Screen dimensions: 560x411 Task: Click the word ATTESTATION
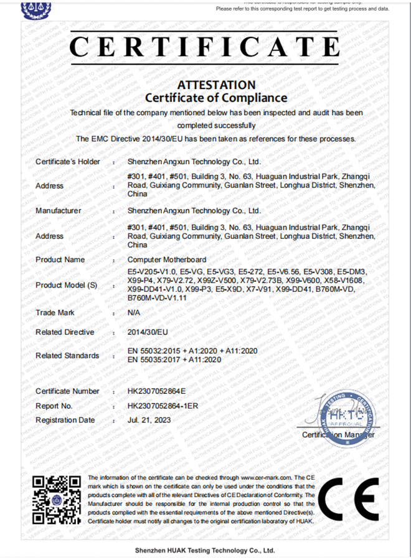point(216,85)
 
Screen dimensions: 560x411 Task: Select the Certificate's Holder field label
point(67,162)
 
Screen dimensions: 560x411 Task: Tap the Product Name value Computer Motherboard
point(166,259)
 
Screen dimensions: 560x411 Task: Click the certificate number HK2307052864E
point(156,391)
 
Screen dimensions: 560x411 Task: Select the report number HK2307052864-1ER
point(163,406)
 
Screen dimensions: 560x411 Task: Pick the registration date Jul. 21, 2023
point(149,420)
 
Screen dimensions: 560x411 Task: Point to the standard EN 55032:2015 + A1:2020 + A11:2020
point(183,351)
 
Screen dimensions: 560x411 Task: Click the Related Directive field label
point(65,332)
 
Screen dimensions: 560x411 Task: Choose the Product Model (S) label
point(67,285)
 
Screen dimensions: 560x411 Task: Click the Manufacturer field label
point(58,210)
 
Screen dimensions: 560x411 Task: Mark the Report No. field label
point(54,406)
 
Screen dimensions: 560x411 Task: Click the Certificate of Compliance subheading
point(216,98)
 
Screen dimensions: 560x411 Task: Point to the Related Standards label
point(67,355)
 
